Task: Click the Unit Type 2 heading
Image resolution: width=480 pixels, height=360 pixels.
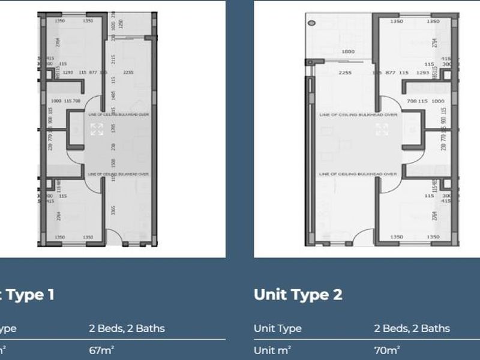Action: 298,295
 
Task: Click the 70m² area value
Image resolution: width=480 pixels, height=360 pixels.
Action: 386,349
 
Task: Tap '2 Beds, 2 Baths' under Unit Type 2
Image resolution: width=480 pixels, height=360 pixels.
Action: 412,328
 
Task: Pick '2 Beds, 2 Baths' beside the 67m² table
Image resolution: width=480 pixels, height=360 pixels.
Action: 126,328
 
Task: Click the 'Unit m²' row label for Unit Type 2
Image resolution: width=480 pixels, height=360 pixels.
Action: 272,349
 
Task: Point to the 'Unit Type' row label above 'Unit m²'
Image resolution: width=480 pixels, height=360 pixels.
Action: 278,328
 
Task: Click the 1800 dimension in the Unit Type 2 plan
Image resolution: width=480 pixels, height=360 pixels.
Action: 348,52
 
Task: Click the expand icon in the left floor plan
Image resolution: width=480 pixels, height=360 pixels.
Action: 97,129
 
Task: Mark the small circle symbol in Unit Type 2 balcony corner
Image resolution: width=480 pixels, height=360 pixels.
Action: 311,23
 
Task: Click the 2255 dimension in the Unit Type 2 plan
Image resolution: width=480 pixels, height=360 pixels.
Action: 344,73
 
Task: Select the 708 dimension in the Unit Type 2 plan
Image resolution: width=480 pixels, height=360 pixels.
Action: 412,101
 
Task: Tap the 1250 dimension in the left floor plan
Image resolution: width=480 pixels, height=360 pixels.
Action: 121,23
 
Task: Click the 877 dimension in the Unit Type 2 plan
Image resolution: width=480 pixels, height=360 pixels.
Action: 391,73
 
